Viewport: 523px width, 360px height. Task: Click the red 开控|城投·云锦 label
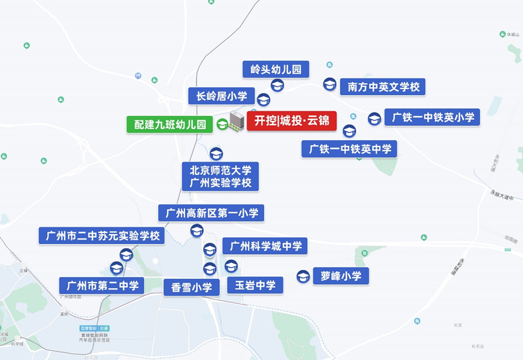291,120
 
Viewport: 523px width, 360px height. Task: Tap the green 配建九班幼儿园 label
169,125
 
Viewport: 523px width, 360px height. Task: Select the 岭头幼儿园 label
276,69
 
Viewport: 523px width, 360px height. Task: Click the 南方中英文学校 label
383,87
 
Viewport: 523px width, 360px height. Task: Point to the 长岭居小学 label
218,96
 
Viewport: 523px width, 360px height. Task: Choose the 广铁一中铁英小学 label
432,117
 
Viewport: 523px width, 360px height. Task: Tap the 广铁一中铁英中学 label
349,149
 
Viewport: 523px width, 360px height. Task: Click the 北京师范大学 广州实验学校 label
220,176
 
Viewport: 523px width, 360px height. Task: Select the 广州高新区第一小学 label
211,213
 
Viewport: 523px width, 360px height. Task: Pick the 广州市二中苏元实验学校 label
102,235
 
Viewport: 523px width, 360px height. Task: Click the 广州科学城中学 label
265,246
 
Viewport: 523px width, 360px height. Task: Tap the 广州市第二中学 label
102,285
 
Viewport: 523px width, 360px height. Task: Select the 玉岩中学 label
255,285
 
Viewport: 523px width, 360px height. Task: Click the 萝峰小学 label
341,277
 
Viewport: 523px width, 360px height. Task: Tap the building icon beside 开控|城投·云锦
236,121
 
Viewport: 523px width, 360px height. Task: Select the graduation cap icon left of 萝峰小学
303,277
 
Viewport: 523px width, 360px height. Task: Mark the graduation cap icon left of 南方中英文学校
330,85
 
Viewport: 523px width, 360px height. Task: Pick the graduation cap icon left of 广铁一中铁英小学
375,118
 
